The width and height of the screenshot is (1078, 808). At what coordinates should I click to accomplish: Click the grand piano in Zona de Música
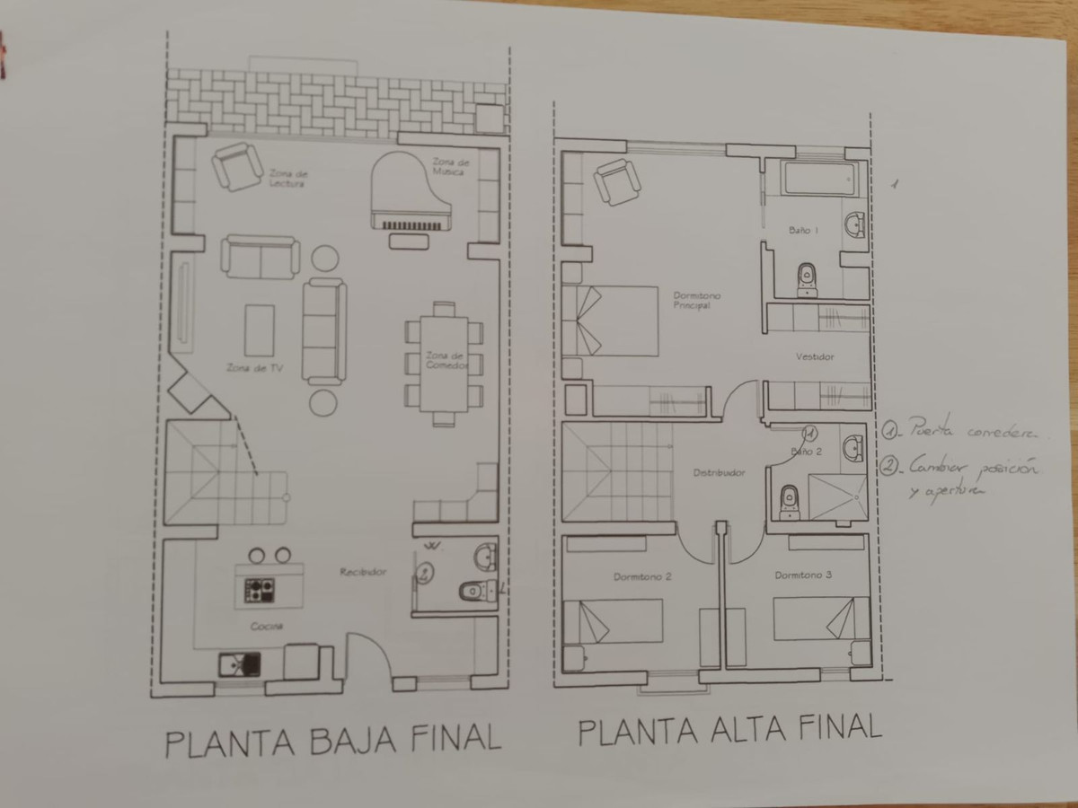click(409, 193)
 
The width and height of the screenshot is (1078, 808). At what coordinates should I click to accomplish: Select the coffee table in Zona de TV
click(260, 330)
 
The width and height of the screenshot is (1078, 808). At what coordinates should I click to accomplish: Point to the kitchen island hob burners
click(260, 590)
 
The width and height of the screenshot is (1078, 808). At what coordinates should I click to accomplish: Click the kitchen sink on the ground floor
click(240, 664)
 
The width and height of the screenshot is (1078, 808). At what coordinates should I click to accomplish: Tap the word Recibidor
click(362, 572)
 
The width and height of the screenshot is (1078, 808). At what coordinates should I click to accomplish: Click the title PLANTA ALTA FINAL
click(729, 729)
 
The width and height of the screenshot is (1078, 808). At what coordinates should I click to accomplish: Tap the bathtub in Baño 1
click(816, 179)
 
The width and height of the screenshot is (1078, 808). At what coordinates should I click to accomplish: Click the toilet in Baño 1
click(806, 278)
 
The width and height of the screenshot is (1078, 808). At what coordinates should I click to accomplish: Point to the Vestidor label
click(815, 356)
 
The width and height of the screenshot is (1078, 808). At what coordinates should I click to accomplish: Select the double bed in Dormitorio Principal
click(611, 321)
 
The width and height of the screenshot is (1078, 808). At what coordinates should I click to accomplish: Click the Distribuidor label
click(719, 472)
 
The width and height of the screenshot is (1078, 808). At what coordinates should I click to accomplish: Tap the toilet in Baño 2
click(790, 501)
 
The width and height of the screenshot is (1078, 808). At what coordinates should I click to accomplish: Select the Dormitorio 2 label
click(642, 576)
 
